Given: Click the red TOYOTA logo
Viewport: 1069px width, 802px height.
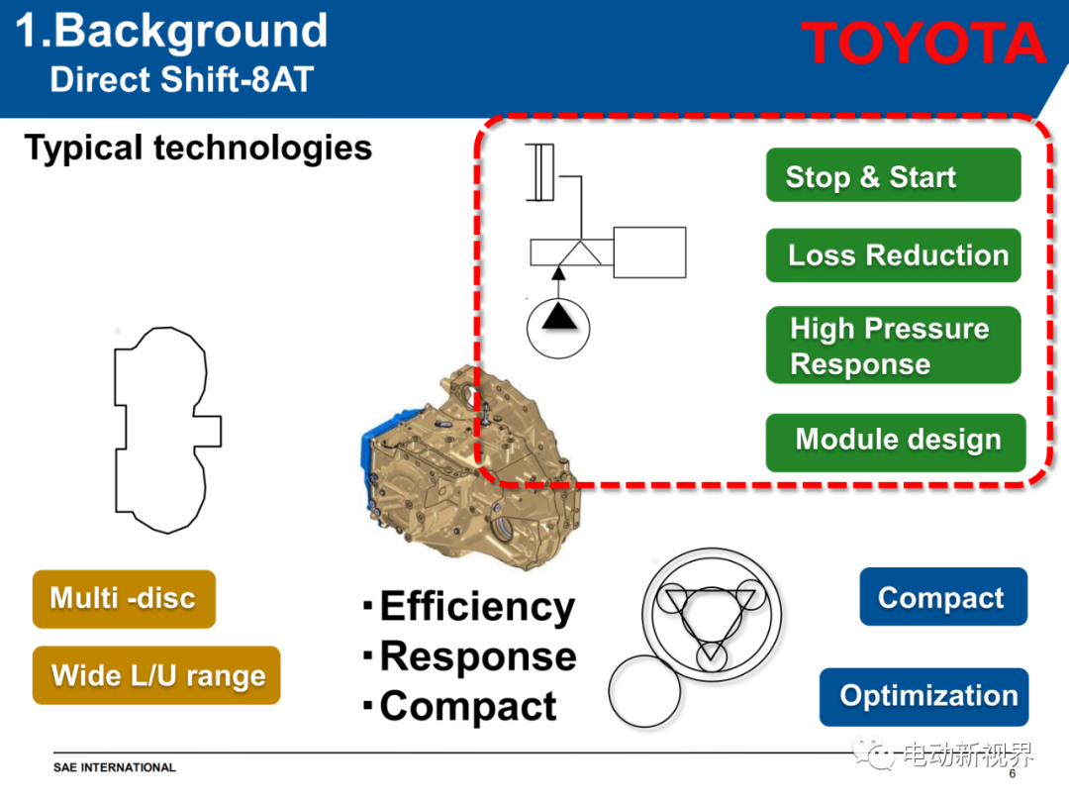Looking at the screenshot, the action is click(x=923, y=43).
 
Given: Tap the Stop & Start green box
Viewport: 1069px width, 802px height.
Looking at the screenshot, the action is click(x=893, y=175).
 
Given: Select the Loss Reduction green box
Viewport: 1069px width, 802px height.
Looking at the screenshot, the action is click(x=893, y=255).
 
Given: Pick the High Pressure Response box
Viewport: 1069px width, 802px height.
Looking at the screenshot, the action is click(x=893, y=346).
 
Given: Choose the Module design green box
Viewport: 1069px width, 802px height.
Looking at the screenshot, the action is click(x=896, y=442).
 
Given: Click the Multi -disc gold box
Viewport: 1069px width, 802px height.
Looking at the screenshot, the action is click(x=124, y=599).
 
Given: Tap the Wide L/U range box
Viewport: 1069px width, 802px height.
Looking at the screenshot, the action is click(x=156, y=675).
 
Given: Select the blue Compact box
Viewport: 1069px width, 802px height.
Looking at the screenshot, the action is click(x=943, y=597).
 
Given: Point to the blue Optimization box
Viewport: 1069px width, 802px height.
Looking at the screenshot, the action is click(x=923, y=697).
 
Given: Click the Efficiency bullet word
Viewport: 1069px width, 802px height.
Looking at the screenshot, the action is click(x=477, y=606).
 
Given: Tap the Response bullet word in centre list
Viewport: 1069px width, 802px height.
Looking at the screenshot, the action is click(x=478, y=656).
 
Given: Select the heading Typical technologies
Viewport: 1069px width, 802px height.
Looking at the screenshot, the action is click(x=198, y=148).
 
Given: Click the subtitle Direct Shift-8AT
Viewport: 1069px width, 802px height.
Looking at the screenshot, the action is click(x=182, y=79).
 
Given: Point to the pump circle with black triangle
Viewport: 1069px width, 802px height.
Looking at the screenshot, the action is click(x=558, y=328).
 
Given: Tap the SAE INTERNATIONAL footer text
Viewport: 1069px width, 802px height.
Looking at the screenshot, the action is click(x=115, y=767).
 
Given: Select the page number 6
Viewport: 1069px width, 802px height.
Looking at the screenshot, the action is click(x=1013, y=773).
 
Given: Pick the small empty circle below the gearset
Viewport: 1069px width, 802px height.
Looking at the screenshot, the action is click(x=644, y=691).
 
